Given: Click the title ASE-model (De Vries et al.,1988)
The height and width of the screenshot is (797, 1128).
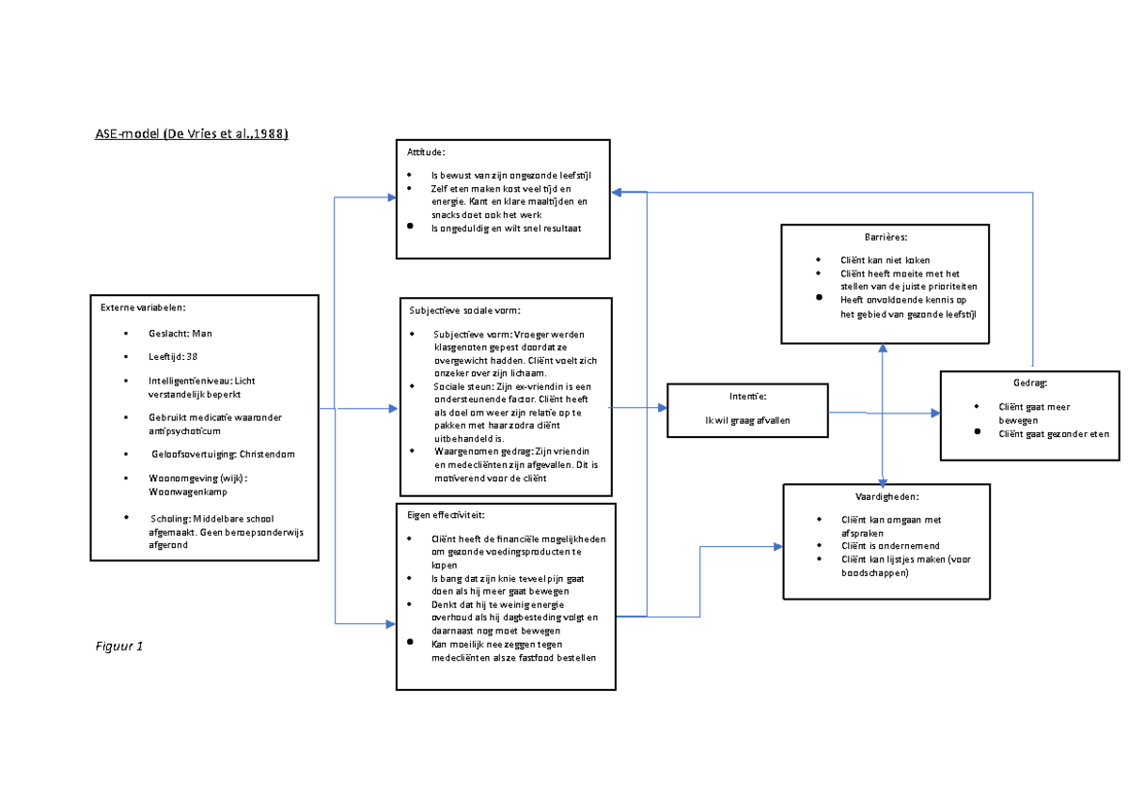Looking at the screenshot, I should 191,134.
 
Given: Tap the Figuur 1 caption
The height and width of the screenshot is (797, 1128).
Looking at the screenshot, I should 119,647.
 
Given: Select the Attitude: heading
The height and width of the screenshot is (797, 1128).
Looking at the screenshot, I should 426,152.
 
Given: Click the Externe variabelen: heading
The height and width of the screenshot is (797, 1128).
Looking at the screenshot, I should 139,307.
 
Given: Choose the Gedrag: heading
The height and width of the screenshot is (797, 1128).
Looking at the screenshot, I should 1031,383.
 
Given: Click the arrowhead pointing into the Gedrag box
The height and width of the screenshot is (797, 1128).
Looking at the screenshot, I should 935,414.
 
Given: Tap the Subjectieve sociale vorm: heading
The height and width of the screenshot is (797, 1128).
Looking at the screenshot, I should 464,311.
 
